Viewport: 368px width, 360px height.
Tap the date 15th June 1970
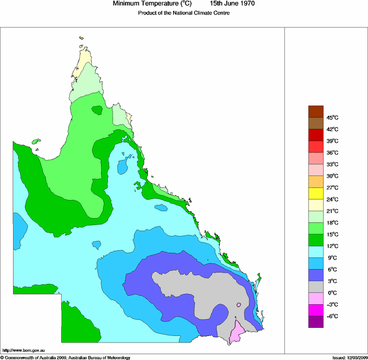click(228, 4)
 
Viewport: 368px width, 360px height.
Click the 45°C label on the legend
click(333, 118)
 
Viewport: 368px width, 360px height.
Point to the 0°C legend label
click(332, 293)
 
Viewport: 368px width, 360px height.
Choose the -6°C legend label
click(332, 316)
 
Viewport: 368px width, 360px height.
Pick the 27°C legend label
click(333, 188)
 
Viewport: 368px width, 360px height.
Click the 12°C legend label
click(333, 246)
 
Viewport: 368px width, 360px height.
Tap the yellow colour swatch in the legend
click(316, 193)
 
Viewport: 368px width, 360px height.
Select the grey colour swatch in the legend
click(316, 287)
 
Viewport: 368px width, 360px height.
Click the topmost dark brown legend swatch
click(316, 111)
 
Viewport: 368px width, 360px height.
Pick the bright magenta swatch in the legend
click(316, 310)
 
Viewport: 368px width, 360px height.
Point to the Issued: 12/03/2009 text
click(349, 357)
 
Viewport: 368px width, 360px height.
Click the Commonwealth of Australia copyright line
click(66, 357)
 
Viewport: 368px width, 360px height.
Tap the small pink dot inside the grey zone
click(239, 305)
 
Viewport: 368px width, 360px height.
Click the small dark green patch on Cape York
click(98, 110)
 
